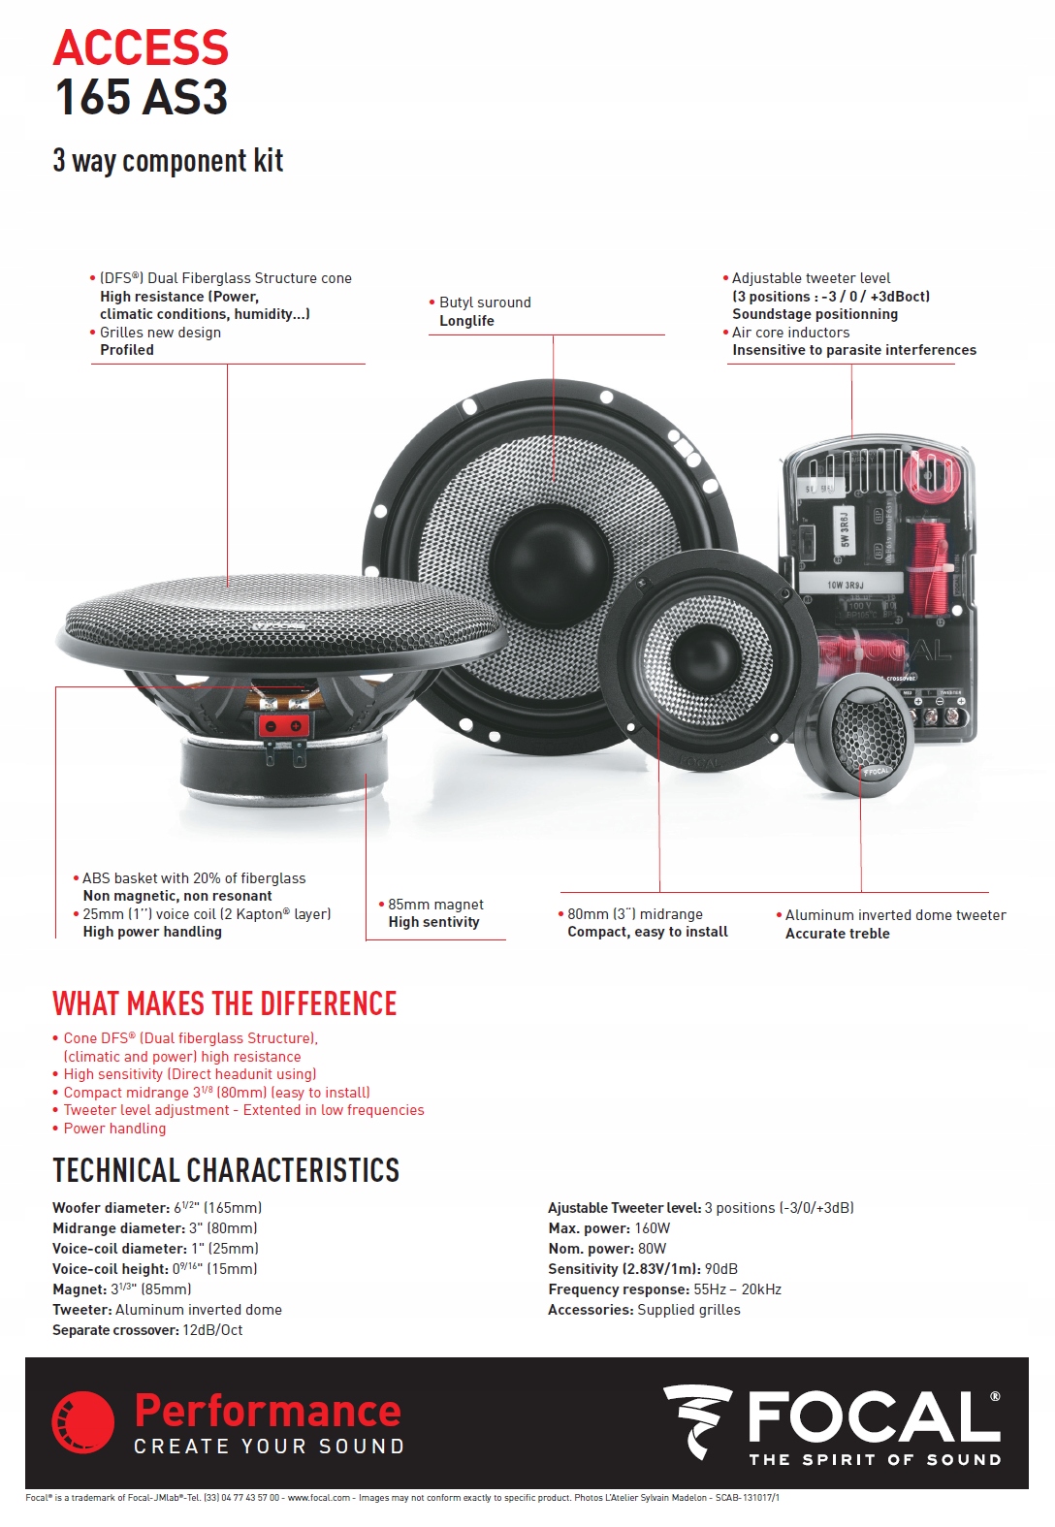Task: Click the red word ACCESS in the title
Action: click(141, 48)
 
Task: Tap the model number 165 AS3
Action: click(141, 98)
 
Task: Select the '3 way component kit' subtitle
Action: click(168, 161)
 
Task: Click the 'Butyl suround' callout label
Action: click(485, 302)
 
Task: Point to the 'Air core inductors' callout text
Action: click(790, 333)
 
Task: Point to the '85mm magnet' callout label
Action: click(435, 905)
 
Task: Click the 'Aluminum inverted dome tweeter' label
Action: click(895, 915)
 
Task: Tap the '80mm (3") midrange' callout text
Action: click(635, 914)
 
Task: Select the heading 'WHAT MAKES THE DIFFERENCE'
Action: click(225, 1003)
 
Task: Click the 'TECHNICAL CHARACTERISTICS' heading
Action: click(226, 1171)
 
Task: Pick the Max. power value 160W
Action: click(653, 1228)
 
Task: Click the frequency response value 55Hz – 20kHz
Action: click(737, 1289)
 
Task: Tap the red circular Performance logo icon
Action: click(83, 1422)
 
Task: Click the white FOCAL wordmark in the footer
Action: click(873, 1417)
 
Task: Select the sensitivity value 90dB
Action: click(720, 1269)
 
